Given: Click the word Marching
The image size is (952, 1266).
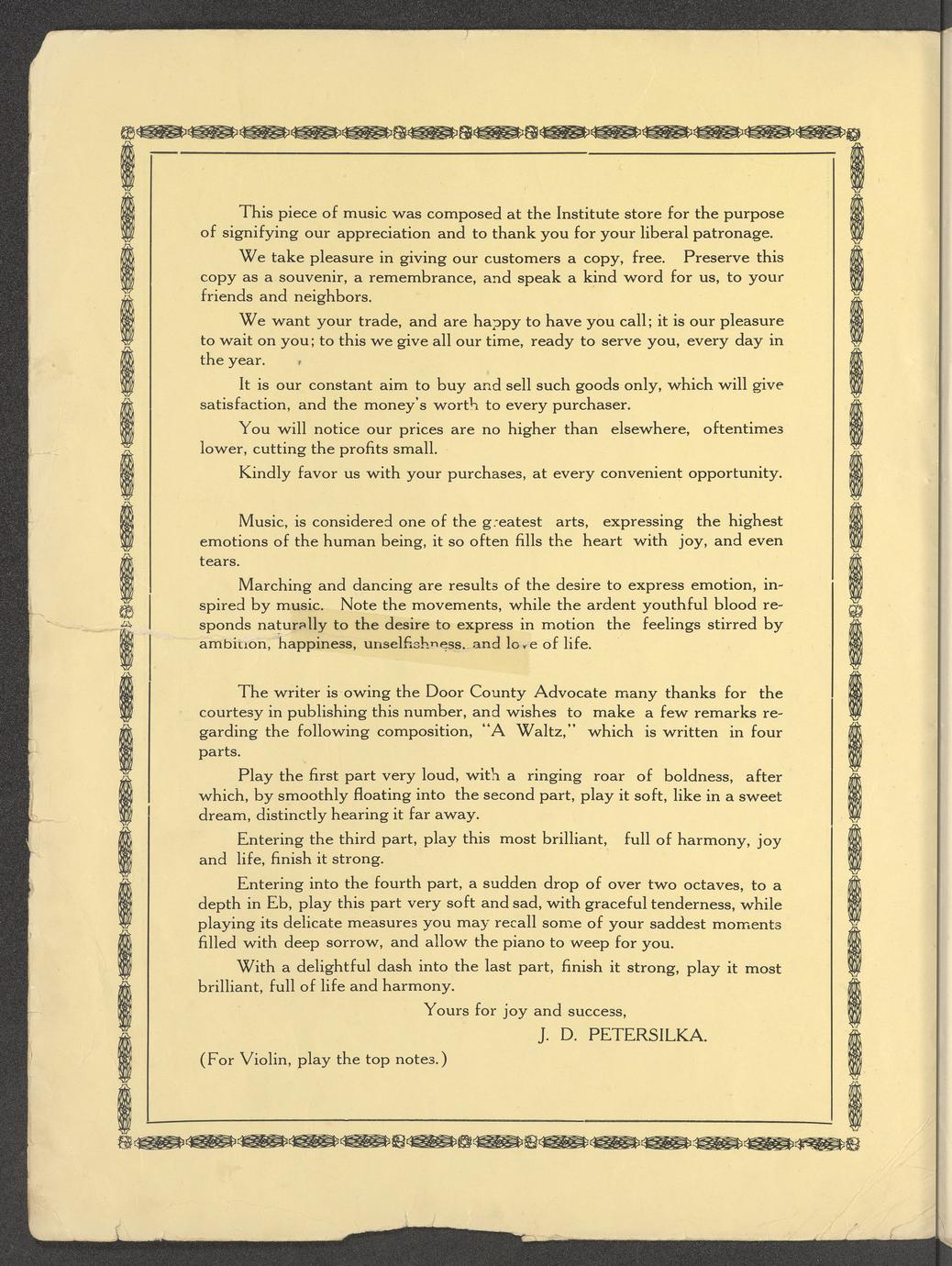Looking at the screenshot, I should coord(274,584).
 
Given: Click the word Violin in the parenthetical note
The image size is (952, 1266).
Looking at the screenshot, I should coord(266,1060).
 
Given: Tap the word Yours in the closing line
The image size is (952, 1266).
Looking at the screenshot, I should coord(447,1011).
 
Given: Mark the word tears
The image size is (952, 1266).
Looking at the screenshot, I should coord(220,561).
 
